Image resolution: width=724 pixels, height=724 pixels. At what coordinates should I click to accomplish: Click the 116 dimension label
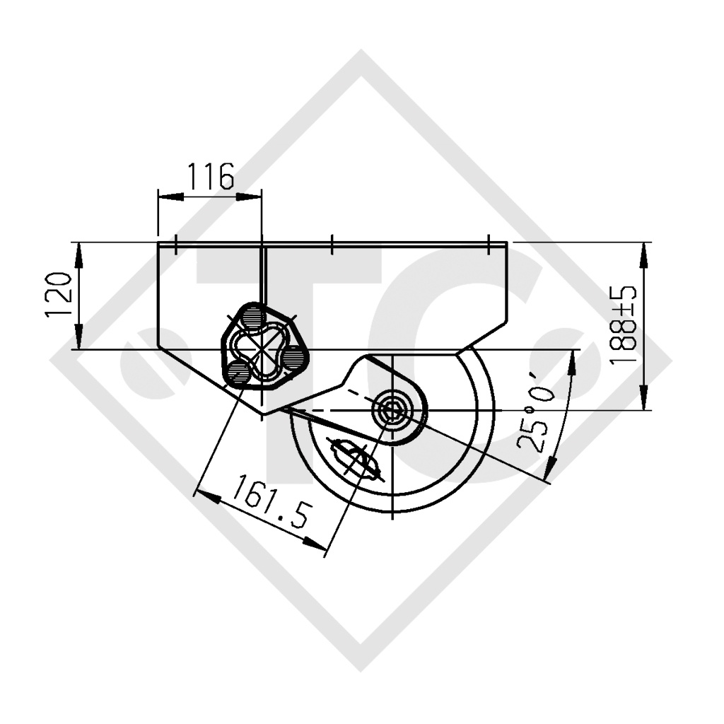[x=211, y=176]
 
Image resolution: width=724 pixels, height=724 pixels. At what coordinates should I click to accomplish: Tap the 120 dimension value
[x=59, y=295]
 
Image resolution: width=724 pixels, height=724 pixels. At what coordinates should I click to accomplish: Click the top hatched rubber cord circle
[x=252, y=317]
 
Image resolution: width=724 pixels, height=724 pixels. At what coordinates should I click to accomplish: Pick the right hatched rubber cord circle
[x=293, y=357]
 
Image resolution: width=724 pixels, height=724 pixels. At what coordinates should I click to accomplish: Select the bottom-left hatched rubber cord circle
[x=238, y=371]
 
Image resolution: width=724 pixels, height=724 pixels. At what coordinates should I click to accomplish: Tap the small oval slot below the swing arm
[x=355, y=459]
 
